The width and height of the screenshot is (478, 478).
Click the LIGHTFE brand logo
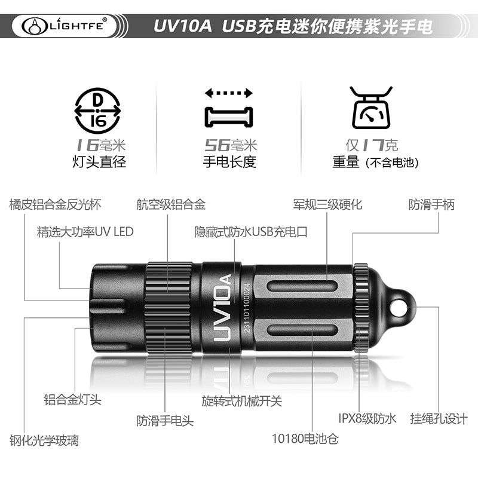[x=65, y=26]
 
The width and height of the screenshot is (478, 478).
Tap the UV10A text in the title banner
[x=182, y=26]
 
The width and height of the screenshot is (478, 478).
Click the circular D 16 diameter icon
[x=97, y=111]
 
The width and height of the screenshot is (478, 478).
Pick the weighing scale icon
[x=371, y=108]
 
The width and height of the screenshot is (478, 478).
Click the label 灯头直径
[x=99, y=161]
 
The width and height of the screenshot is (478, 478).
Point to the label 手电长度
[x=229, y=161]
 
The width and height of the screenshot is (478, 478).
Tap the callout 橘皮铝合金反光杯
[x=55, y=204]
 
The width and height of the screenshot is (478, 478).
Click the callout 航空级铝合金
[x=171, y=204]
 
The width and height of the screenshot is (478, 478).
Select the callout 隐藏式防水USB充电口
[x=251, y=232]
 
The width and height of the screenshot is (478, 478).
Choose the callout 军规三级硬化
[x=327, y=204]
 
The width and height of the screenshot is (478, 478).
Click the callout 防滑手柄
[x=431, y=204]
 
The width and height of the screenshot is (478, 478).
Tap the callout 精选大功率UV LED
[x=85, y=232]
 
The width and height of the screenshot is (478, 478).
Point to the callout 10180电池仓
[x=305, y=439]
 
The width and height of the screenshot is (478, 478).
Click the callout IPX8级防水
[x=367, y=418]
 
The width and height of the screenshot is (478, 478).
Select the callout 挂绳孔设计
[x=439, y=418]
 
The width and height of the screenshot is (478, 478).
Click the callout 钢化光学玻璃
[x=44, y=440]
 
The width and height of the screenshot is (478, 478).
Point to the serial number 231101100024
[x=246, y=308]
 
